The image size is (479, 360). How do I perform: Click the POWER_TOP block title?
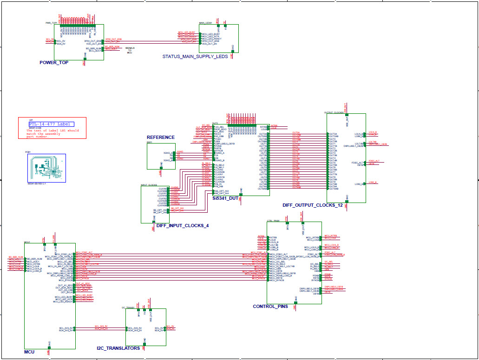54,62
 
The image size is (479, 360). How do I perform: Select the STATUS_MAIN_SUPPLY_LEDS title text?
195,57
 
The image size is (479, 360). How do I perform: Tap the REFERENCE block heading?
161,137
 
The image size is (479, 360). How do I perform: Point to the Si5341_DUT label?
225,198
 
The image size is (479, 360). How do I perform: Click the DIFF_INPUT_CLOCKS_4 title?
183,226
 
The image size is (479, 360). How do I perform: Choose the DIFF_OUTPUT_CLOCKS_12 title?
312,205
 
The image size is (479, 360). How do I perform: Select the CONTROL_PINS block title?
270,307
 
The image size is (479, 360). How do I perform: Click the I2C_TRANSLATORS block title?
118,348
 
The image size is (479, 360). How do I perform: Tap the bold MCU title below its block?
29,352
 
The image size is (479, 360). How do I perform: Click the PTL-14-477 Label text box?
51,124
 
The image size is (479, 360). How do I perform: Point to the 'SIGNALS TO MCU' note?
130,50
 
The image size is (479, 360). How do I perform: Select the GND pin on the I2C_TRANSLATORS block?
144,340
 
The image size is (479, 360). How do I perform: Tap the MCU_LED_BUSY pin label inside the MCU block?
64,296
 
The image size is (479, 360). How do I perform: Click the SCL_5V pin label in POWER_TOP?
61,40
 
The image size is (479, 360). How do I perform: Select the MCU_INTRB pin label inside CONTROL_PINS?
313,237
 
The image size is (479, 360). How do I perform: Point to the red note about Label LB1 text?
52,134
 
